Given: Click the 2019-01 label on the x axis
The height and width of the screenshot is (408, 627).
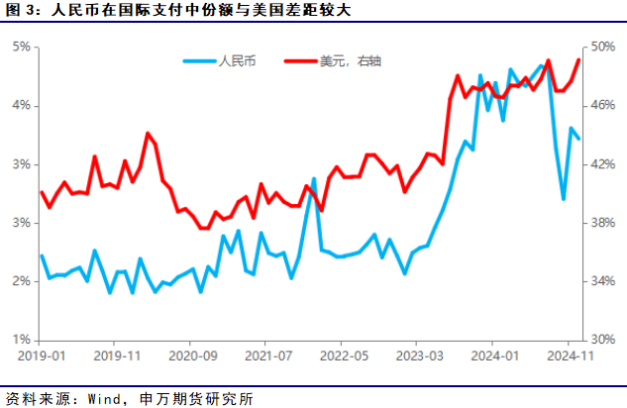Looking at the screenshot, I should click(x=41, y=355).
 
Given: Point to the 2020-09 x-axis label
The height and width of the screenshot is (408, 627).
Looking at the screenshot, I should click(x=193, y=355).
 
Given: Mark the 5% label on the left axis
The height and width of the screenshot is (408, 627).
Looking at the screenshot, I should click(x=20, y=47).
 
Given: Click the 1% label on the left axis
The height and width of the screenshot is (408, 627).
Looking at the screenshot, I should click(x=20, y=339).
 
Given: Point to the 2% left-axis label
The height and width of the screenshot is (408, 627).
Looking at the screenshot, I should click(x=20, y=281).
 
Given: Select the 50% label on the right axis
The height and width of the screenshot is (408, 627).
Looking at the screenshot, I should click(x=604, y=47).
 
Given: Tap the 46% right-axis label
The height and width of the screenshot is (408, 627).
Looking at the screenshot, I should click(x=604, y=105).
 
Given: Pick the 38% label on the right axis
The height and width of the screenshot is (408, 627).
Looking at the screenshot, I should click(x=604, y=223).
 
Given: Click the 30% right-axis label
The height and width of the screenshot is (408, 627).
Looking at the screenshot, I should click(x=604, y=339).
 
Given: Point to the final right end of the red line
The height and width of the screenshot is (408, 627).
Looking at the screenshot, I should click(x=578, y=59).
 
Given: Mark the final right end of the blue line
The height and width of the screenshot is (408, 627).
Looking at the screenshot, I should click(x=578, y=138).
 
